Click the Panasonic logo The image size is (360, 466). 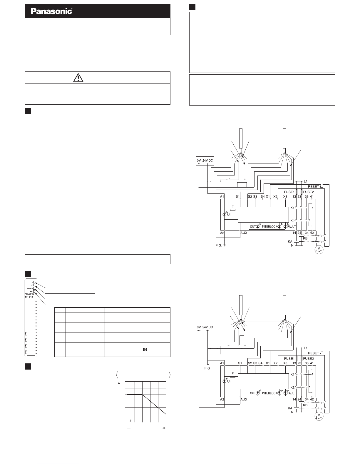click(x=51, y=11)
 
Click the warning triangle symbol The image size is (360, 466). click(x=78, y=77)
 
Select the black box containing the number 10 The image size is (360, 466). click(x=145, y=350)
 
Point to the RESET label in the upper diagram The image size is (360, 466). click(x=313, y=186)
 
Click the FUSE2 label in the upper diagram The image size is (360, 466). click(x=308, y=192)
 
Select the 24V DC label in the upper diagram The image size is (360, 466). click(x=208, y=161)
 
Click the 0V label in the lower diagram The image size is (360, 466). click(x=199, y=327)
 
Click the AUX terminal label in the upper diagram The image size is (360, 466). click(x=244, y=233)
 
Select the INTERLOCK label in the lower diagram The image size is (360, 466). click(x=269, y=393)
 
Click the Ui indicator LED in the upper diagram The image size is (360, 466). click(x=225, y=215)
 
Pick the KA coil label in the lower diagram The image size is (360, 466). click(x=290, y=408)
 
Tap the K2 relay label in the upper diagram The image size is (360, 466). click(x=292, y=221)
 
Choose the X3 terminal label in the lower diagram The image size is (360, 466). click(x=285, y=363)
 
